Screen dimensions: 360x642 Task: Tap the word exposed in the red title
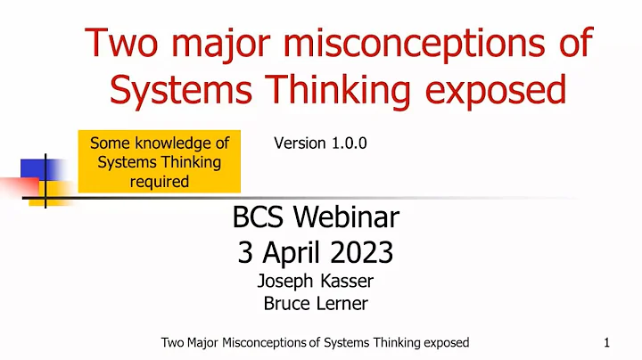(x=497, y=89)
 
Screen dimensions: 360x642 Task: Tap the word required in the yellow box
(x=158, y=182)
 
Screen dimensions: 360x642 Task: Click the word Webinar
(x=355, y=217)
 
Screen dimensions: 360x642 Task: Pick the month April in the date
(x=299, y=252)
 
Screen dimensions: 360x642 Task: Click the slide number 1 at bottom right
(x=605, y=342)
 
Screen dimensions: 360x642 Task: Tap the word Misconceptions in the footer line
(x=259, y=342)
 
